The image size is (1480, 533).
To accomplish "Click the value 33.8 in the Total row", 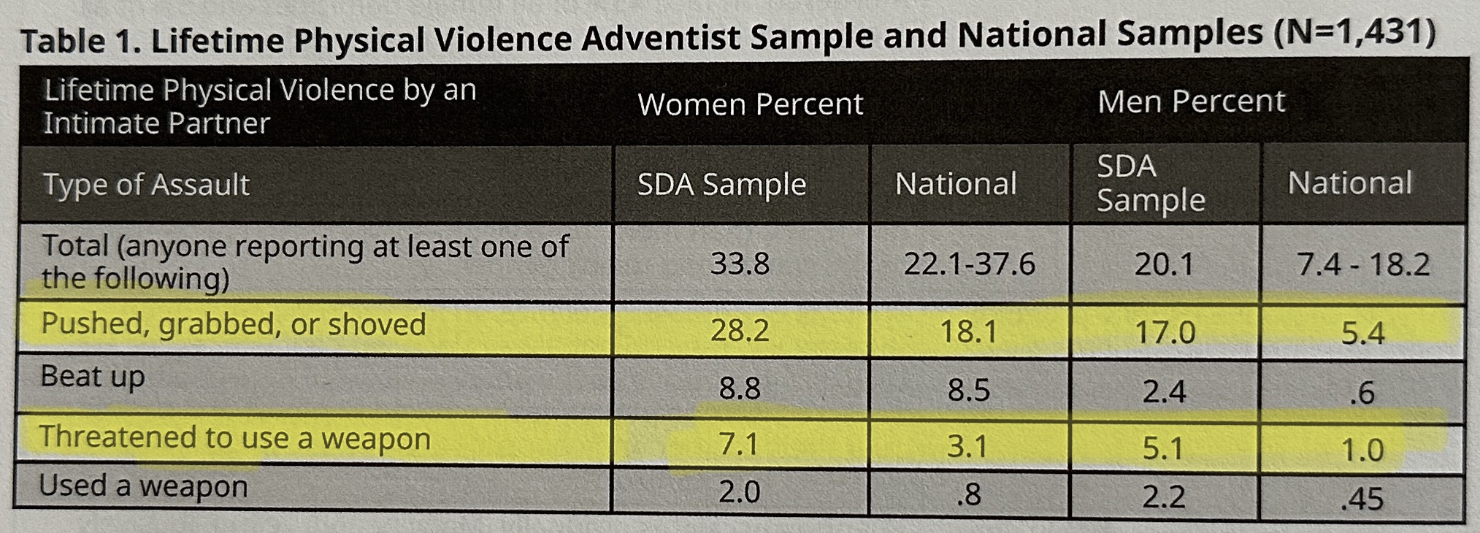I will [x=740, y=263].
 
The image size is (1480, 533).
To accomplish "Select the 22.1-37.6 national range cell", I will [x=969, y=264].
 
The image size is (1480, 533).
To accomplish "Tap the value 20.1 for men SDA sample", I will [x=1164, y=264].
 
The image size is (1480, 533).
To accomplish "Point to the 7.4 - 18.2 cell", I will [x=1362, y=264].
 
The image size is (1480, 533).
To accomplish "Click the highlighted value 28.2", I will [x=740, y=331].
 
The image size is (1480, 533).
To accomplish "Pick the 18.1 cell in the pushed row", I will [x=968, y=332].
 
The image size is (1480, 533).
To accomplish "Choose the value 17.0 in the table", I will [x=1165, y=333].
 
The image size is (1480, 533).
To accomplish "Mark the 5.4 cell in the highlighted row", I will [x=1362, y=334].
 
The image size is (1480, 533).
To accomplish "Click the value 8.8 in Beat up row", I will [x=740, y=388].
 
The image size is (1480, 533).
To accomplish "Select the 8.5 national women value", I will [x=968, y=390].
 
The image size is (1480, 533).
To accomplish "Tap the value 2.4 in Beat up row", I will [x=1164, y=391].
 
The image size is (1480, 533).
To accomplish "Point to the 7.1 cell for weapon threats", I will [x=738, y=443].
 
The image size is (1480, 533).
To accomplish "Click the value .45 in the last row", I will [x=1362, y=499].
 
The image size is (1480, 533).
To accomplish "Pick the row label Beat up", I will [x=93, y=377].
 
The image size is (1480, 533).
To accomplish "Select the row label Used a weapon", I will [x=143, y=486].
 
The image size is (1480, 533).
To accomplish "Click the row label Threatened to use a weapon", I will [x=234, y=438].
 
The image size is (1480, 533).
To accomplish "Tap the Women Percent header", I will [x=750, y=104].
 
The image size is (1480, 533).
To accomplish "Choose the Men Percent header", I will [x=1191, y=101].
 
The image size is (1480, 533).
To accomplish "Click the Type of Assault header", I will [x=147, y=185].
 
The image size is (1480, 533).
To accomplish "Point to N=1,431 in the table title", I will [x=1354, y=33].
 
